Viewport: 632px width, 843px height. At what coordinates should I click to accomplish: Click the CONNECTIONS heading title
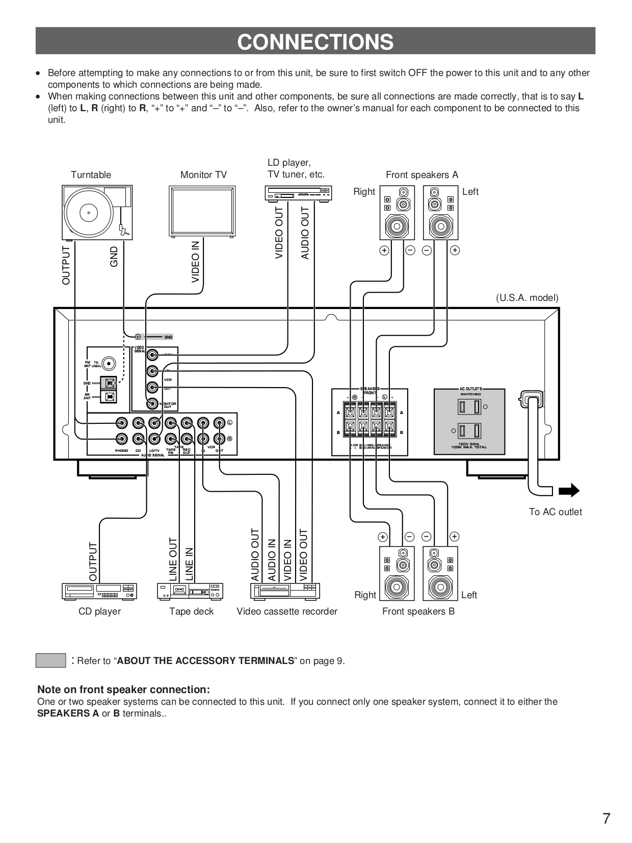(x=315, y=42)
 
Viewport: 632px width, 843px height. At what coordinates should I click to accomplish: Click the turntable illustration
(x=97, y=212)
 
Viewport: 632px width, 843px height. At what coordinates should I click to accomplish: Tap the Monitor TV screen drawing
(x=202, y=212)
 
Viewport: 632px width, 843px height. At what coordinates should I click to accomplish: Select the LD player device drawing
(x=298, y=194)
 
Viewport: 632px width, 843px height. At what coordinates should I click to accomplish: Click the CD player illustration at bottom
(x=99, y=591)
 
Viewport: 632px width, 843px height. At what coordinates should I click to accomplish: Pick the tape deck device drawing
(x=190, y=591)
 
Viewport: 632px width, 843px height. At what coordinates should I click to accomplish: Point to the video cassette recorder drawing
(x=285, y=591)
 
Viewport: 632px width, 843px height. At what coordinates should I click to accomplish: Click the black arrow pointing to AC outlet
(x=569, y=491)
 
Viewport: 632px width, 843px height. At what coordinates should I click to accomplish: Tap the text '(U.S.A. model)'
(x=527, y=298)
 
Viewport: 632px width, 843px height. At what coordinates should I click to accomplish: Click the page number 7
(x=606, y=819)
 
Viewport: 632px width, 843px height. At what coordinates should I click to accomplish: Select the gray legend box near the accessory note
(x=50, y=660)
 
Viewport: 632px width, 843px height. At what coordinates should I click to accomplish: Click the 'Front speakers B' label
(x=418, y=611)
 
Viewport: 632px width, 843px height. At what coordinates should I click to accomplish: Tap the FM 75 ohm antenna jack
(x=108, y=364)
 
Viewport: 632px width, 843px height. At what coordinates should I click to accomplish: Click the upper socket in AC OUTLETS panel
(x=469, y=407)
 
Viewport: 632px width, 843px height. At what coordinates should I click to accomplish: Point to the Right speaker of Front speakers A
(x=397, y=213)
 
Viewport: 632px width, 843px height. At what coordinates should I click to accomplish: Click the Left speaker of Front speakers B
(x=440, y=573)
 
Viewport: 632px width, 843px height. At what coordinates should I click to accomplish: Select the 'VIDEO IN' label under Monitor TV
(x=195, y=262)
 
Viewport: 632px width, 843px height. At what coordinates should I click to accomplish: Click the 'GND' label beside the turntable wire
(x=114, y=257)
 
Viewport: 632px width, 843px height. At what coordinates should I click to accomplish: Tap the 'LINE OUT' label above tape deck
(x=173, y=559)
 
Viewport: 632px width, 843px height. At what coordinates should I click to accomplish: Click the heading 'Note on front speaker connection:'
(x=123, y=689)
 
